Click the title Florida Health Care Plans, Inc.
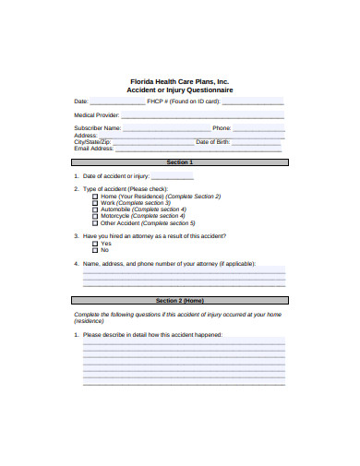179,81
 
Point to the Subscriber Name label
97,128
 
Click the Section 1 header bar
179,161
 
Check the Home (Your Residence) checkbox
94,197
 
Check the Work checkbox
94,203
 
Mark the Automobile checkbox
94,209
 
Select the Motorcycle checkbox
94,216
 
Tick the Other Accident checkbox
94,222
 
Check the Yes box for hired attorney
94,243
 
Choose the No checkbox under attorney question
94,250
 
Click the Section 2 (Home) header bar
179,301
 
